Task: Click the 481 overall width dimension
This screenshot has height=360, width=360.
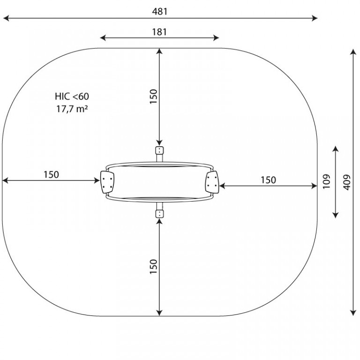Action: [160, 11]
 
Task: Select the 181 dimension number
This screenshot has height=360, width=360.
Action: [159, 32]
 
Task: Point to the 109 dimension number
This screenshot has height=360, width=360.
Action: [326, 181]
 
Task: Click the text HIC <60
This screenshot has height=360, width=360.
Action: [72, 97]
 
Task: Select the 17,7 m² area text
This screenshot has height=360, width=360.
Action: [72, 109]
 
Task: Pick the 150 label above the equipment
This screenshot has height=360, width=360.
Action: [153, 97]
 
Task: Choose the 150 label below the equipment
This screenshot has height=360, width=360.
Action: [153, 266]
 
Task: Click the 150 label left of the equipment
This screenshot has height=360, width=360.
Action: [51, 175]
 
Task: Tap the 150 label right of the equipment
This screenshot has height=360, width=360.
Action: [268, 180]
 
